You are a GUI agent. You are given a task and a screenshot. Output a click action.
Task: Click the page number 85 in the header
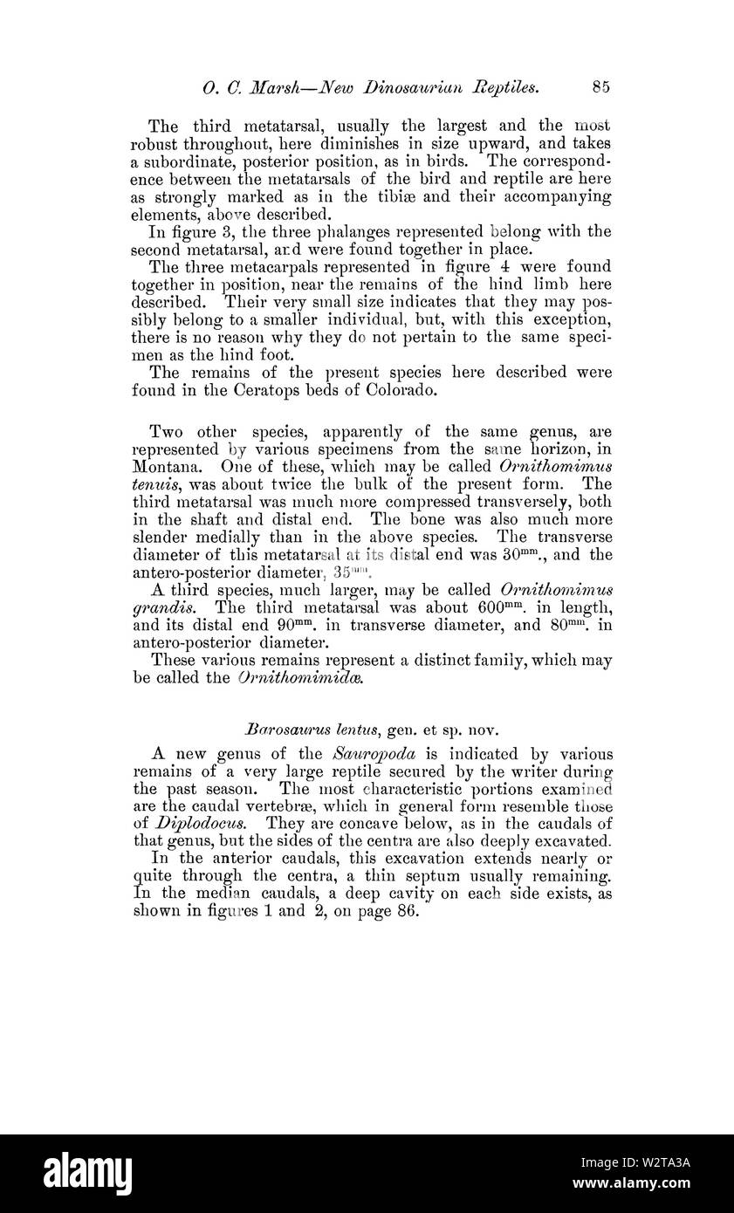click(600, 86)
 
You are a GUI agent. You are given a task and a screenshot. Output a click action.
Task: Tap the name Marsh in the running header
click(269, 86)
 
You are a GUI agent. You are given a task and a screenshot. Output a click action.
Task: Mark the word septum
click(448, 876)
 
